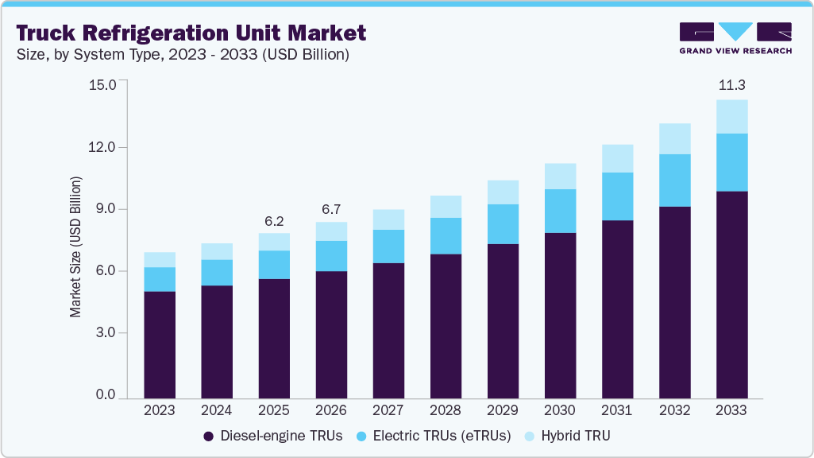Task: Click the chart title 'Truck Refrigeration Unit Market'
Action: coord(191,33)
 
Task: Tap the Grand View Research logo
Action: coord(735,38)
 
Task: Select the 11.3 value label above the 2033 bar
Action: coord(731,85)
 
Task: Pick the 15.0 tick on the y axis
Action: coord(104,85)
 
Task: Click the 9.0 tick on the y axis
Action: coord(106,209)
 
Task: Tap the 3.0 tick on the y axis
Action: coord(106,333)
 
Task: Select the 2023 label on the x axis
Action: coord(160,409)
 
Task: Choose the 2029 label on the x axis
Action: coord(503,409)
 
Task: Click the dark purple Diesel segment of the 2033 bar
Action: coord(731,294)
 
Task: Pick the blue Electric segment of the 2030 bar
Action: coord(560,211)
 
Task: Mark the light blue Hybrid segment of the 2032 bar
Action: coord(674,138)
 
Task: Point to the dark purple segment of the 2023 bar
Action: coord(160,344)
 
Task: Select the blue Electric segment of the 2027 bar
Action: coord(388,246)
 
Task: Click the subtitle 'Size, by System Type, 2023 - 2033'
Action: coord(182,55)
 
